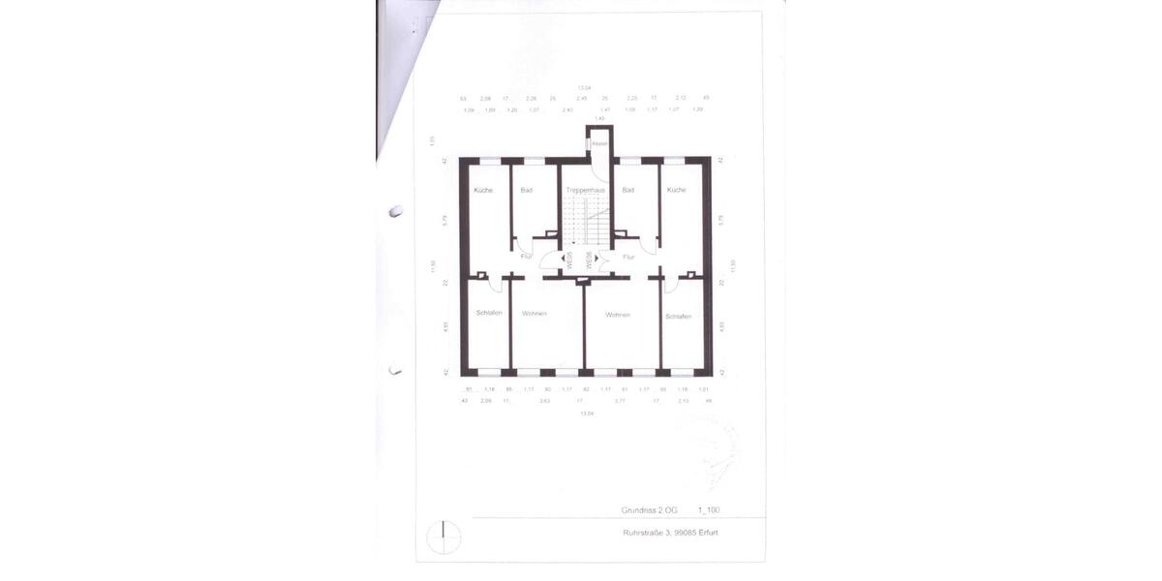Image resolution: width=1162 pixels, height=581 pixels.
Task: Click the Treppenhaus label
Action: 586,190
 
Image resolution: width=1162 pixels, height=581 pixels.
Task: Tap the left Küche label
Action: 483,190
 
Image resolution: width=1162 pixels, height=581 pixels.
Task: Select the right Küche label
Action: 676,190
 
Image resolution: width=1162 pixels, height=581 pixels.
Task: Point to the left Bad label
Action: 527,190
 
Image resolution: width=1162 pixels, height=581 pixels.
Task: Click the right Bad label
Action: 628,190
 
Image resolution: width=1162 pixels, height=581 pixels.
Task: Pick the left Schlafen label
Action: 489,313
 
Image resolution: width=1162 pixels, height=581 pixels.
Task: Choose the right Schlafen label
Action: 678,316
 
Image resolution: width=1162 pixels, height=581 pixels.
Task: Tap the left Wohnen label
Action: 535,314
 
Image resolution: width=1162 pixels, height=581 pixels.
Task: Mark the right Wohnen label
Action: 618,315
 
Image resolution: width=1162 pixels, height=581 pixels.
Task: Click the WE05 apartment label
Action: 570,260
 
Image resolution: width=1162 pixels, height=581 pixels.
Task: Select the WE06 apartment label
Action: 589,260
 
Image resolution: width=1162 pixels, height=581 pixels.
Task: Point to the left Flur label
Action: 526,257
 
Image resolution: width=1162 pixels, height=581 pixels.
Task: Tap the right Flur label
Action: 628,257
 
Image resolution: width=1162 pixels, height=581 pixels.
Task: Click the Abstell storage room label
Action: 599,144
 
